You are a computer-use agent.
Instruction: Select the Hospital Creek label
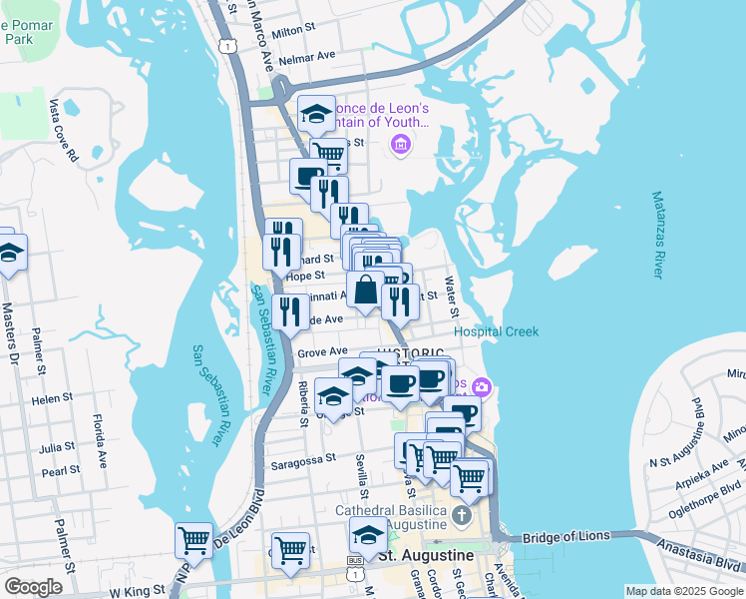pyautogui.click(x=496, y=331)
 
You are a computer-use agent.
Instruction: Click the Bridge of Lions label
pyautogui.click(x=565, y=536)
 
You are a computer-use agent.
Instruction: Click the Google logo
pyautogui.click(x=32, y=587)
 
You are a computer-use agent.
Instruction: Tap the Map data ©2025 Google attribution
pyautogui.click(x=683, y=591)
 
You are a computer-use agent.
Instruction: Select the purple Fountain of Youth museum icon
pyautogui.click(x=401, y=146)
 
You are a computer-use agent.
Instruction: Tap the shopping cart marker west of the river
pyautogui.click(x=193, y=541)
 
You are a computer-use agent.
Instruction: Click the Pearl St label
pyautogui.click(x=61, y=470)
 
